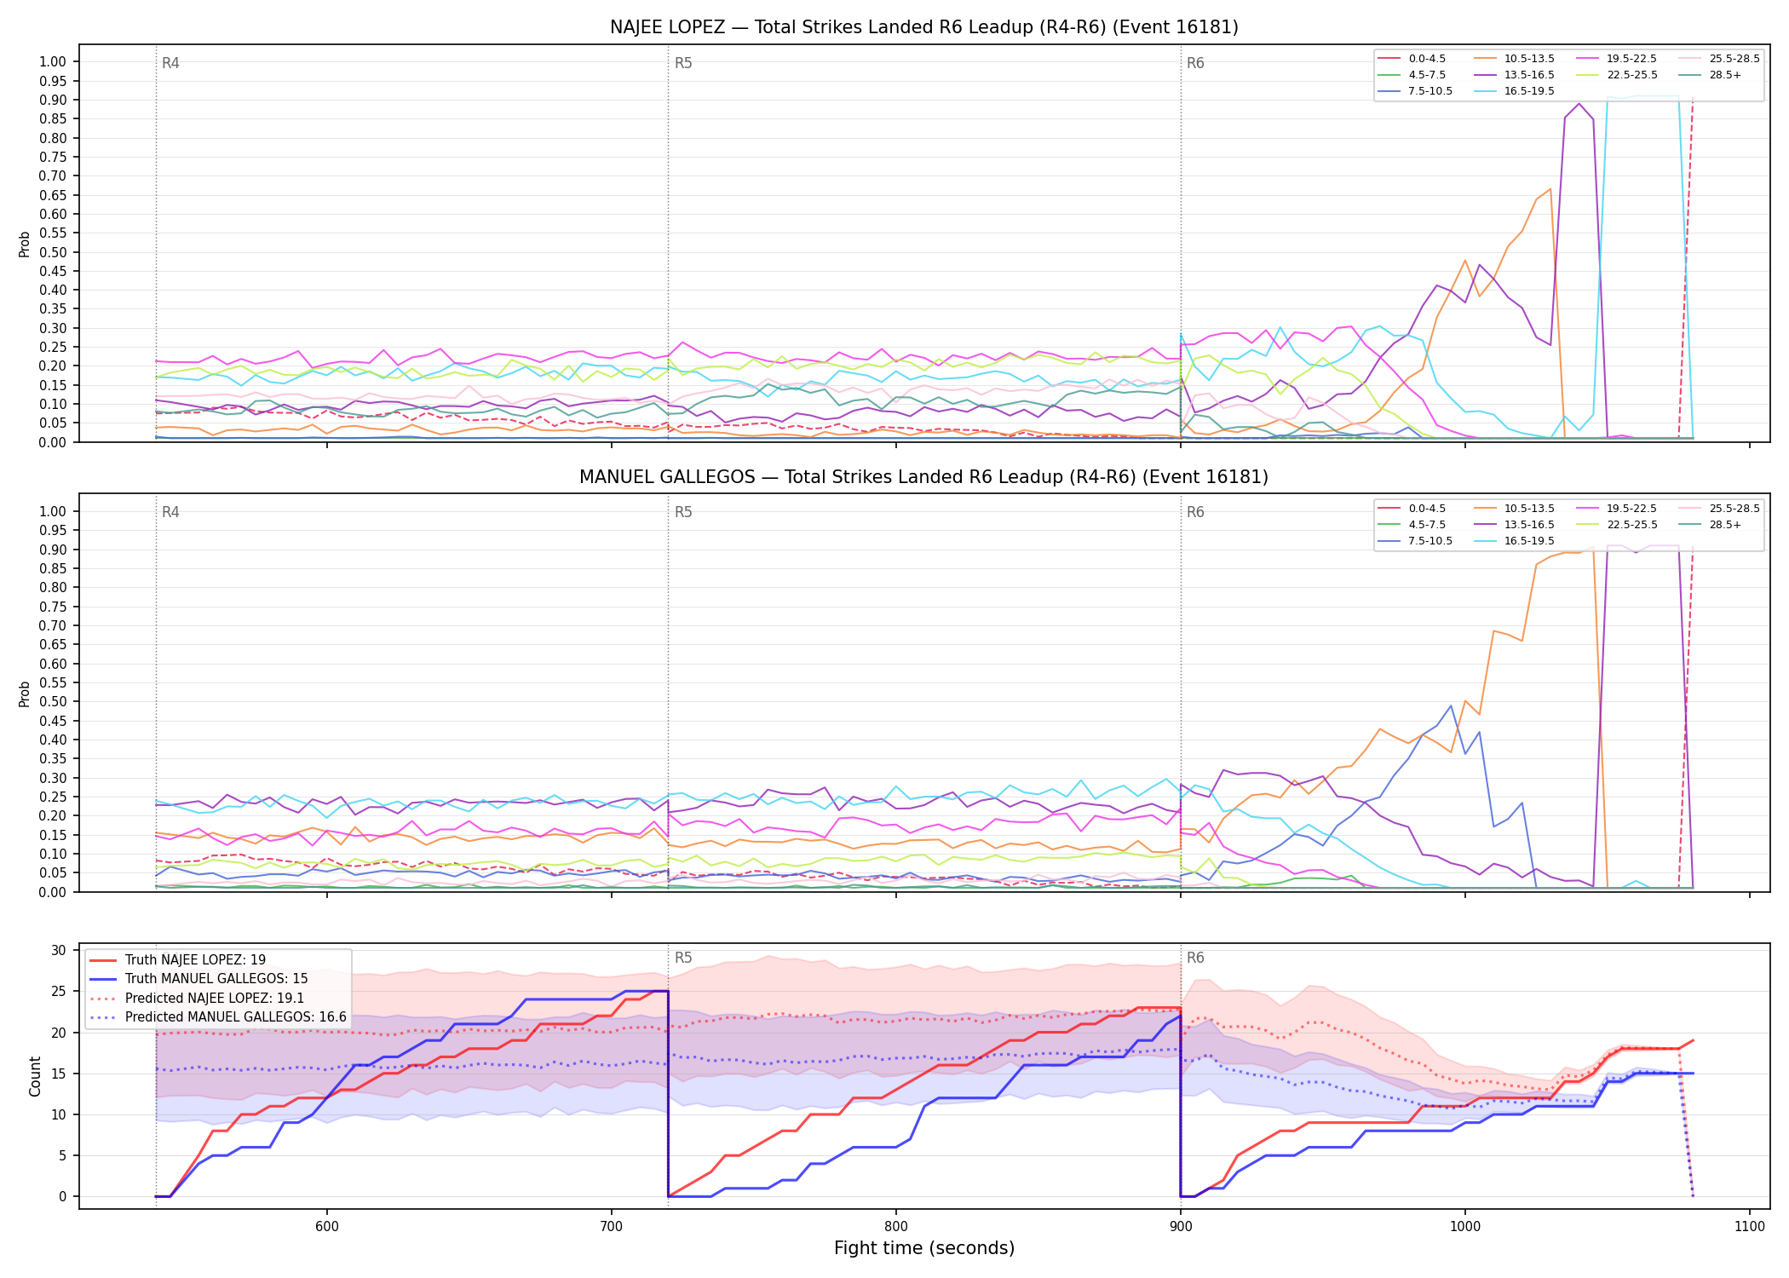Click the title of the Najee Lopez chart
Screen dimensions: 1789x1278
923,27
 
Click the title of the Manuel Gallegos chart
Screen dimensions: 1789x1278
923,477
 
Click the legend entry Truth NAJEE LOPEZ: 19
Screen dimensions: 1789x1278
195,960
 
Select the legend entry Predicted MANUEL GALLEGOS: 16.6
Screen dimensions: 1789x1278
217,1017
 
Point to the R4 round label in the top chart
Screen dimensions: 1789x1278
170,63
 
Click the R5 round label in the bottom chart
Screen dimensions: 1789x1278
683,958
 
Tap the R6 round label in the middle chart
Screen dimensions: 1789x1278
1195,512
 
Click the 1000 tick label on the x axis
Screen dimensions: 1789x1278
1465,1226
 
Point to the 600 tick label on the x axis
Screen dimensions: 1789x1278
326,1226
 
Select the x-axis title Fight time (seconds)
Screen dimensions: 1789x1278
924,1248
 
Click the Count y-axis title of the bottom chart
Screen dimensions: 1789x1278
35,1076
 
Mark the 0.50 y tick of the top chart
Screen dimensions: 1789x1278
53,252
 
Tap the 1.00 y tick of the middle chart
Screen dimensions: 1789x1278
53,511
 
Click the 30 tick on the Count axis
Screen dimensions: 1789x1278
59,950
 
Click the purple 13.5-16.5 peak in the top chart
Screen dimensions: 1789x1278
1579,104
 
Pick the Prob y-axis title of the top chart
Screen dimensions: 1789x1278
25,244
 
